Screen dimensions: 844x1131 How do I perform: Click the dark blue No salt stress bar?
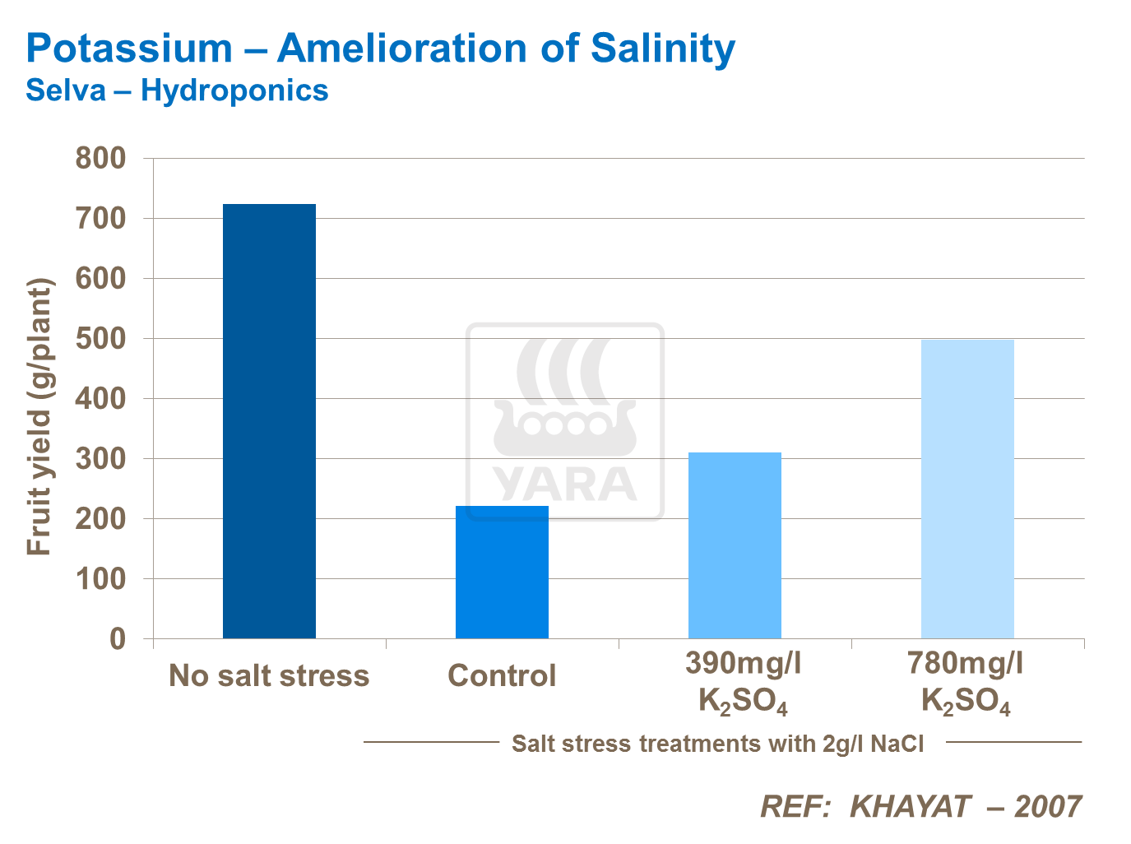click(x=269, y=420)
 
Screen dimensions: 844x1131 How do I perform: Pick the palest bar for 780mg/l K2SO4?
click(x=967, y=489)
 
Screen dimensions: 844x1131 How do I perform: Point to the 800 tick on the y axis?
click(x=100, y=158)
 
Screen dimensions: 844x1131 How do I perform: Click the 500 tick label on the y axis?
click(x=100, y=338)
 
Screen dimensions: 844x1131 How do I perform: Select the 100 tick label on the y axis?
click(x=100, y=578)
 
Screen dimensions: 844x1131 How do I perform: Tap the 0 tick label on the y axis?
click(x=118, y=638)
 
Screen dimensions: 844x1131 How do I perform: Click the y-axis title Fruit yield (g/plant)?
click(x=39, y=417)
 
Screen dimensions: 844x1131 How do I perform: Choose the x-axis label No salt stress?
click(x=269, y=675)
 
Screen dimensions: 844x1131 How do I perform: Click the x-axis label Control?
click(x=502, y=675)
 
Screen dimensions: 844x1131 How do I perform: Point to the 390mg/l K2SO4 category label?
click(x=743, y=682)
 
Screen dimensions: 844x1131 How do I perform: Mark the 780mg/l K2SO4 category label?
click(x=966, y=682)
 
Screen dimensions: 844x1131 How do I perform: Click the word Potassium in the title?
click(x=129, y=49)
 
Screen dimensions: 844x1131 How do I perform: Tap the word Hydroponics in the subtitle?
click(x=234, y=90)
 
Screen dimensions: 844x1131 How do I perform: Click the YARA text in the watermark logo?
click(x=565, y=484)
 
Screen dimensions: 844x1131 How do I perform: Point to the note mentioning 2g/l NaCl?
click(x=717, y=744)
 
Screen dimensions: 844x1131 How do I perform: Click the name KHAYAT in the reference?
click(x=910, y=806)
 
